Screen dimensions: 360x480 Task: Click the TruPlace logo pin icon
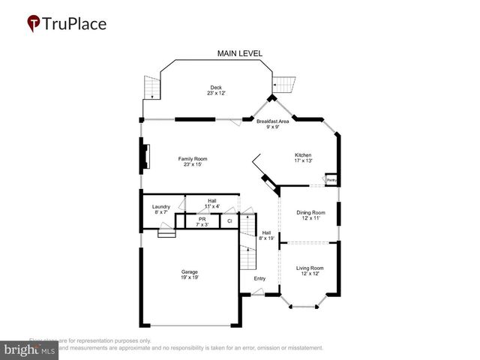[34, 23]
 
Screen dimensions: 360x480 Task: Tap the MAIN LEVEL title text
[240, 53]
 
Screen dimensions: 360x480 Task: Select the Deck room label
[216, 90]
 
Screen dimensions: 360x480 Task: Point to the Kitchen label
[302, 157]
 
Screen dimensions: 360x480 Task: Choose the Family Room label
[193, 161]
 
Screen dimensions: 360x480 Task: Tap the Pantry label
[331, 180]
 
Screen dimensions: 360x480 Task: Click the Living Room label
[309, 271]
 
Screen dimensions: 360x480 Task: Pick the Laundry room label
[160, 209]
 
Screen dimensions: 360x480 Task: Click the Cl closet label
[229, 221]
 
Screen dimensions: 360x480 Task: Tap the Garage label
[189, 274]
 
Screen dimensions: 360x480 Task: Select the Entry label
[259, 279]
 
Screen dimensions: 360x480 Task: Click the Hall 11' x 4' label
[212, 203]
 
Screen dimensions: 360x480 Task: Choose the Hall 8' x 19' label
[266, 235]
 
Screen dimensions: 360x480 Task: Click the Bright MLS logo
[30, 349]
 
